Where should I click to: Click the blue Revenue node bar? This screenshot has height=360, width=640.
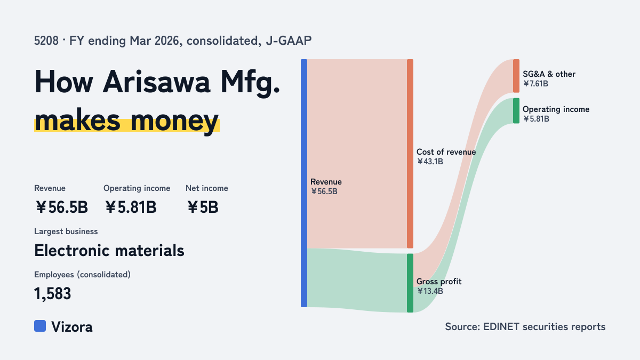304,183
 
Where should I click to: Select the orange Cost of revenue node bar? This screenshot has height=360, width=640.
410,154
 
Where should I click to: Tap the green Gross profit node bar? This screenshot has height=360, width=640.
410,283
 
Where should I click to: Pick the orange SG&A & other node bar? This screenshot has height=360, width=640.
516,76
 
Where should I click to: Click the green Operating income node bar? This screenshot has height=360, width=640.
516,111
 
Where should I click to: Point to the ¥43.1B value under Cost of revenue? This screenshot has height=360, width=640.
430,162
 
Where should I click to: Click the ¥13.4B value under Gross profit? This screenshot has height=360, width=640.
430,291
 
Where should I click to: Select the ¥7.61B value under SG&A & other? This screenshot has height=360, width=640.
535,84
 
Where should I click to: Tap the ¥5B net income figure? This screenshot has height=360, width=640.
203,207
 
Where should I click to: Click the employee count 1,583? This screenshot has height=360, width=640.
53,294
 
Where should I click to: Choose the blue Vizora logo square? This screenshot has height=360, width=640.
40,326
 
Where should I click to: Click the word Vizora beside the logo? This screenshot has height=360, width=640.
72,327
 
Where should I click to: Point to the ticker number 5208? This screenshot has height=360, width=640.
46,41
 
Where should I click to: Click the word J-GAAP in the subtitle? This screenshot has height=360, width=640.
289,41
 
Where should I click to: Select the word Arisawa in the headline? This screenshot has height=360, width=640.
156,82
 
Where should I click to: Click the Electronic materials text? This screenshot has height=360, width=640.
109,251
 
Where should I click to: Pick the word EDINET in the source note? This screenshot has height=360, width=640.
501,326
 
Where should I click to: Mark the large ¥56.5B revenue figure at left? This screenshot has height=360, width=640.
62,207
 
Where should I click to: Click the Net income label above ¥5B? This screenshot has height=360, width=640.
207,188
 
